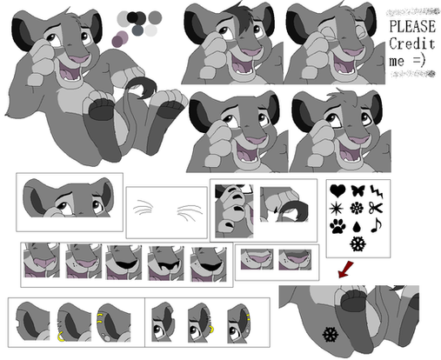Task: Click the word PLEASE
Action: click(x=412, y=26)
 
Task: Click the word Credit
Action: click(x=412, y=44)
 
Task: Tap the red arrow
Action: click(x=346, y=270)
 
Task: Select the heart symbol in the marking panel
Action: click(x=337, y=190)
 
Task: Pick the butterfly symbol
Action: click(x=357, y=190)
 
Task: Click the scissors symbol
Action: click(x=376, y=208)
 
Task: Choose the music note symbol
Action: click(x=377, y=225)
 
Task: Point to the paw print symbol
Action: click(x=337, y=226)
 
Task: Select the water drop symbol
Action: click(x=357, y=227)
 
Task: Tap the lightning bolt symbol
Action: click(x=377, y=191)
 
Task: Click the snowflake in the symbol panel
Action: click(x=357, y=243)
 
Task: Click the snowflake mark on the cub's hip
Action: click(x=331, y=334)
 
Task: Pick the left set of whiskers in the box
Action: click(x=143, y=207)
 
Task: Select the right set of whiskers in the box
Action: click(x=190, y=212)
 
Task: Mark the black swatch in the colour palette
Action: click(x=132, y=17)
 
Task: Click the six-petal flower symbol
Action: click(x=357, y=208)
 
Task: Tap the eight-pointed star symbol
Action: click(x=337, y=209)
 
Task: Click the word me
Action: click(x=397, y=62)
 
